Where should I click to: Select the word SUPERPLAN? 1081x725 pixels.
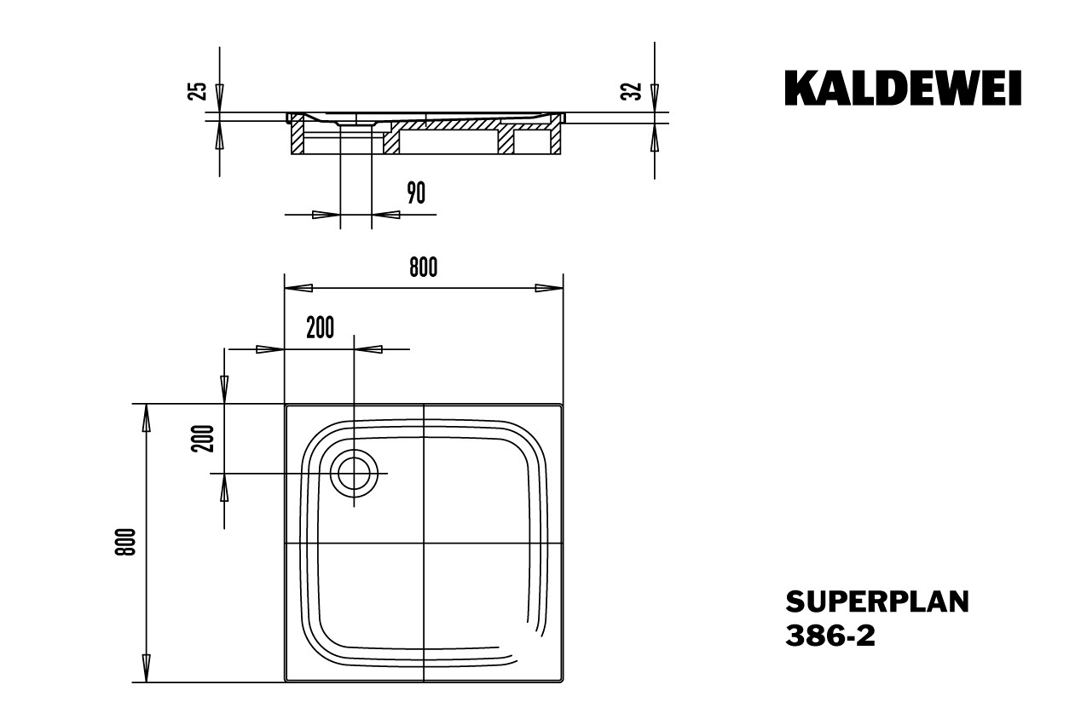876,602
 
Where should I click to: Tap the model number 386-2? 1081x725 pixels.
830,636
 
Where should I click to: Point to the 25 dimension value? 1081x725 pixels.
199,90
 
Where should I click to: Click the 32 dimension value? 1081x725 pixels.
632,90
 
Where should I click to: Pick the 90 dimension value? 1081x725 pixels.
415,194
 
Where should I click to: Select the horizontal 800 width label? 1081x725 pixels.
423,268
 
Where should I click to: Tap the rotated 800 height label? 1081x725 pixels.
126,543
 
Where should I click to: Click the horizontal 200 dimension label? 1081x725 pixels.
320,328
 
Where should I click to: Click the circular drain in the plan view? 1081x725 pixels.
353,473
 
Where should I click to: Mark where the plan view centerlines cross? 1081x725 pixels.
424,543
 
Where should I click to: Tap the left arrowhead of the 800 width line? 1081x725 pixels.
298,288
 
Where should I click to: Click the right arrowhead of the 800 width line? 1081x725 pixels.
549,288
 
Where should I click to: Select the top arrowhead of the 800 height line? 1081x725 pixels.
147,417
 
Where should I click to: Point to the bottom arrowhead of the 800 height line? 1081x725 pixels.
147,668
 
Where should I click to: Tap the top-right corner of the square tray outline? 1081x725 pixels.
563,405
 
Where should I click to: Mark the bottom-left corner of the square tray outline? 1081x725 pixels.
285,682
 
